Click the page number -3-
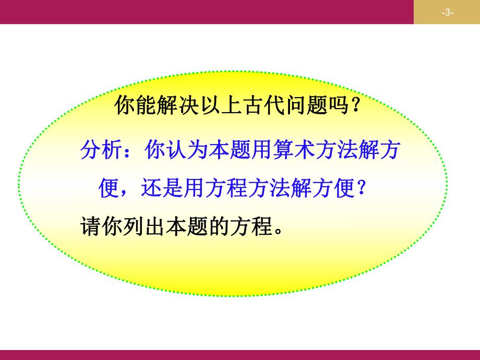(x=447, y=13)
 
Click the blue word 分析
(x=102, y=151)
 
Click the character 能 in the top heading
(x=145, y=107)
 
